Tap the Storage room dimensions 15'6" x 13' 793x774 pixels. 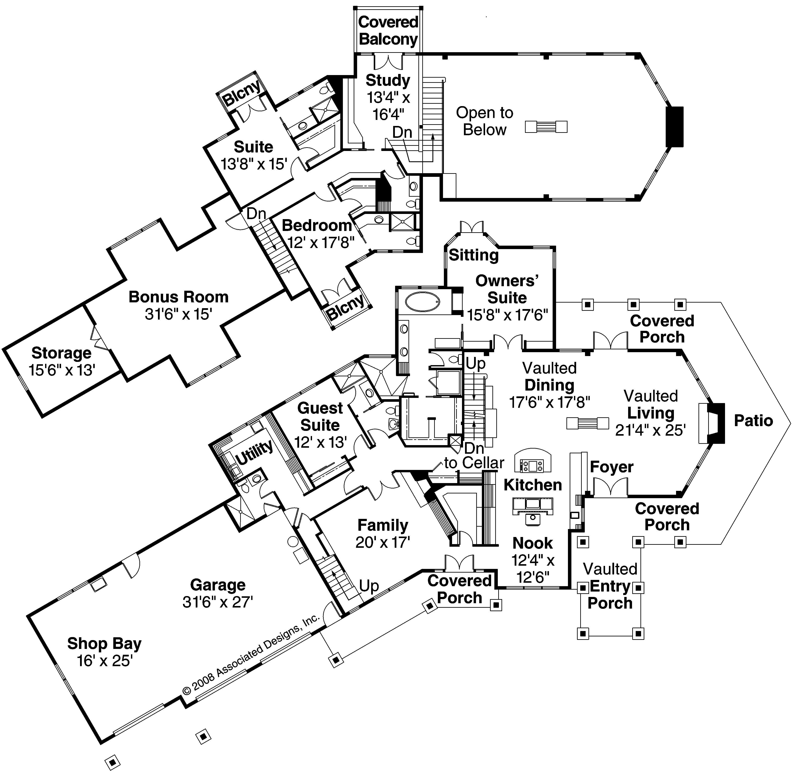coord(62,370)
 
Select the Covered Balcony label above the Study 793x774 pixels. coord(388,30)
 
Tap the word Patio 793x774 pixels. coord(753,420)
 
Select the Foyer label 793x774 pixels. coord(611,467)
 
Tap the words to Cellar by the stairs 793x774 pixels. coord(474,463)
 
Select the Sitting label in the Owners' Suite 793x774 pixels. coord(473,255)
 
